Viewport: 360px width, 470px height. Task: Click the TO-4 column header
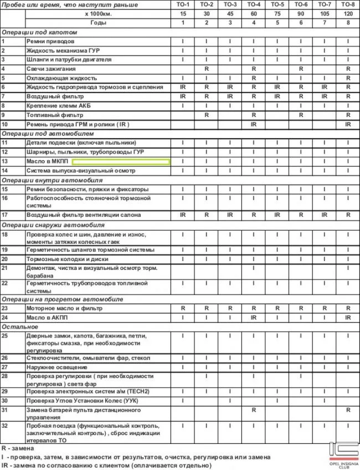[253, 4]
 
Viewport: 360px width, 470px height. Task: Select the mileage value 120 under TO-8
[348, 13]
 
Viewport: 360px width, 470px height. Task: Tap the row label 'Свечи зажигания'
[50, 69]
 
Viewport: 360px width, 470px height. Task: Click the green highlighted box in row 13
[121, 161]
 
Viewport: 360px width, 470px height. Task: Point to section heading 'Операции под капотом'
[39, 32]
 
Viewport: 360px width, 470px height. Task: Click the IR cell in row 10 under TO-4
[253, 124]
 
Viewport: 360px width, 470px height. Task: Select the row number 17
[4, 214]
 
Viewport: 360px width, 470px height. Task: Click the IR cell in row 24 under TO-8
[348, 318]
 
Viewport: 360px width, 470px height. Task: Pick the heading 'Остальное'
[19, 327]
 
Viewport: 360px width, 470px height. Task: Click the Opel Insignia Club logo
[344, 454]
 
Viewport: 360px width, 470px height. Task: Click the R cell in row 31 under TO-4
[253, 410]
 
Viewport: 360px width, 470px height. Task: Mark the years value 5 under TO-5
[277, 22]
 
